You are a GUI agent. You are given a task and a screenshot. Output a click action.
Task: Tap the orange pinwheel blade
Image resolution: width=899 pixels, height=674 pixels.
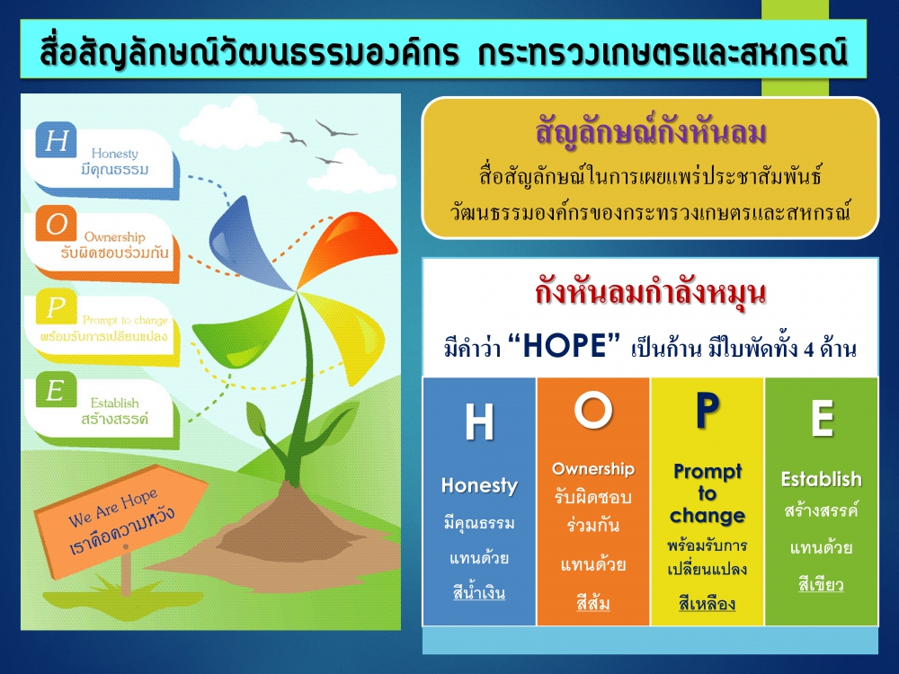pyautogui.click(x=347, y=244)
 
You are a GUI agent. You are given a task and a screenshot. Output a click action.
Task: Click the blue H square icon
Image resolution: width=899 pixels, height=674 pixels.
pyautogui.click(x=56, y=140)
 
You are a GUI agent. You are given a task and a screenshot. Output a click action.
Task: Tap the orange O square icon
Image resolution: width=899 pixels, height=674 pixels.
pyautogui.click(x=56, y=223)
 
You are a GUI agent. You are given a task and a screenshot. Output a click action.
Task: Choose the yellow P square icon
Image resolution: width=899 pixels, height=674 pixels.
pyautogui.click(x=56, y=306)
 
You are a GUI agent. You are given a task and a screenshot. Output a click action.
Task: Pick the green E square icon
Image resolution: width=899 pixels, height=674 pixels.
pyautogui.click(x=56, y=390)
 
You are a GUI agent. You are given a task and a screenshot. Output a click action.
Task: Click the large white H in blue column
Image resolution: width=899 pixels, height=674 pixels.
pyautogui.click(x=479, y=421)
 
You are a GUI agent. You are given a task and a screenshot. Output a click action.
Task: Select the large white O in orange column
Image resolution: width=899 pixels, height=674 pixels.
pyautogui.click(x=593, y=409)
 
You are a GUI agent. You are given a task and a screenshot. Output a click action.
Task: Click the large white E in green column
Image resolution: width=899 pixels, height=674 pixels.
pyautogui.click(x=822, y=419)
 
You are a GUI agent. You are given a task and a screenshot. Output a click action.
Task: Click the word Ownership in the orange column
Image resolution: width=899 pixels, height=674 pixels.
pyautogui.click(x=593, y=469)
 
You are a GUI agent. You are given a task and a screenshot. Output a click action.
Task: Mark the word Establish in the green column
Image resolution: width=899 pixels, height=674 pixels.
pyautogui.click(x=822, y=479)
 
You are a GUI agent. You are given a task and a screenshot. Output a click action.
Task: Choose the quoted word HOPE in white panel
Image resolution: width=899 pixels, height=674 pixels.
pyautogui.click(x=565, y=346)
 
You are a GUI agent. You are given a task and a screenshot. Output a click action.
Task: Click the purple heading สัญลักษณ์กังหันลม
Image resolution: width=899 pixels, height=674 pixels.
pyautogui.click(x=651, y=132)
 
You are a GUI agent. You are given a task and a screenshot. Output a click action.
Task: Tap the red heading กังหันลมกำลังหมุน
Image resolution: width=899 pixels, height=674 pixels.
pyautogui.click(x=651, y=292)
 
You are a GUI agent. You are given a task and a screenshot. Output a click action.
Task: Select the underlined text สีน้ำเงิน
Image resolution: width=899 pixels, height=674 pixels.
pyautogui.click(x=479, y=592)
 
